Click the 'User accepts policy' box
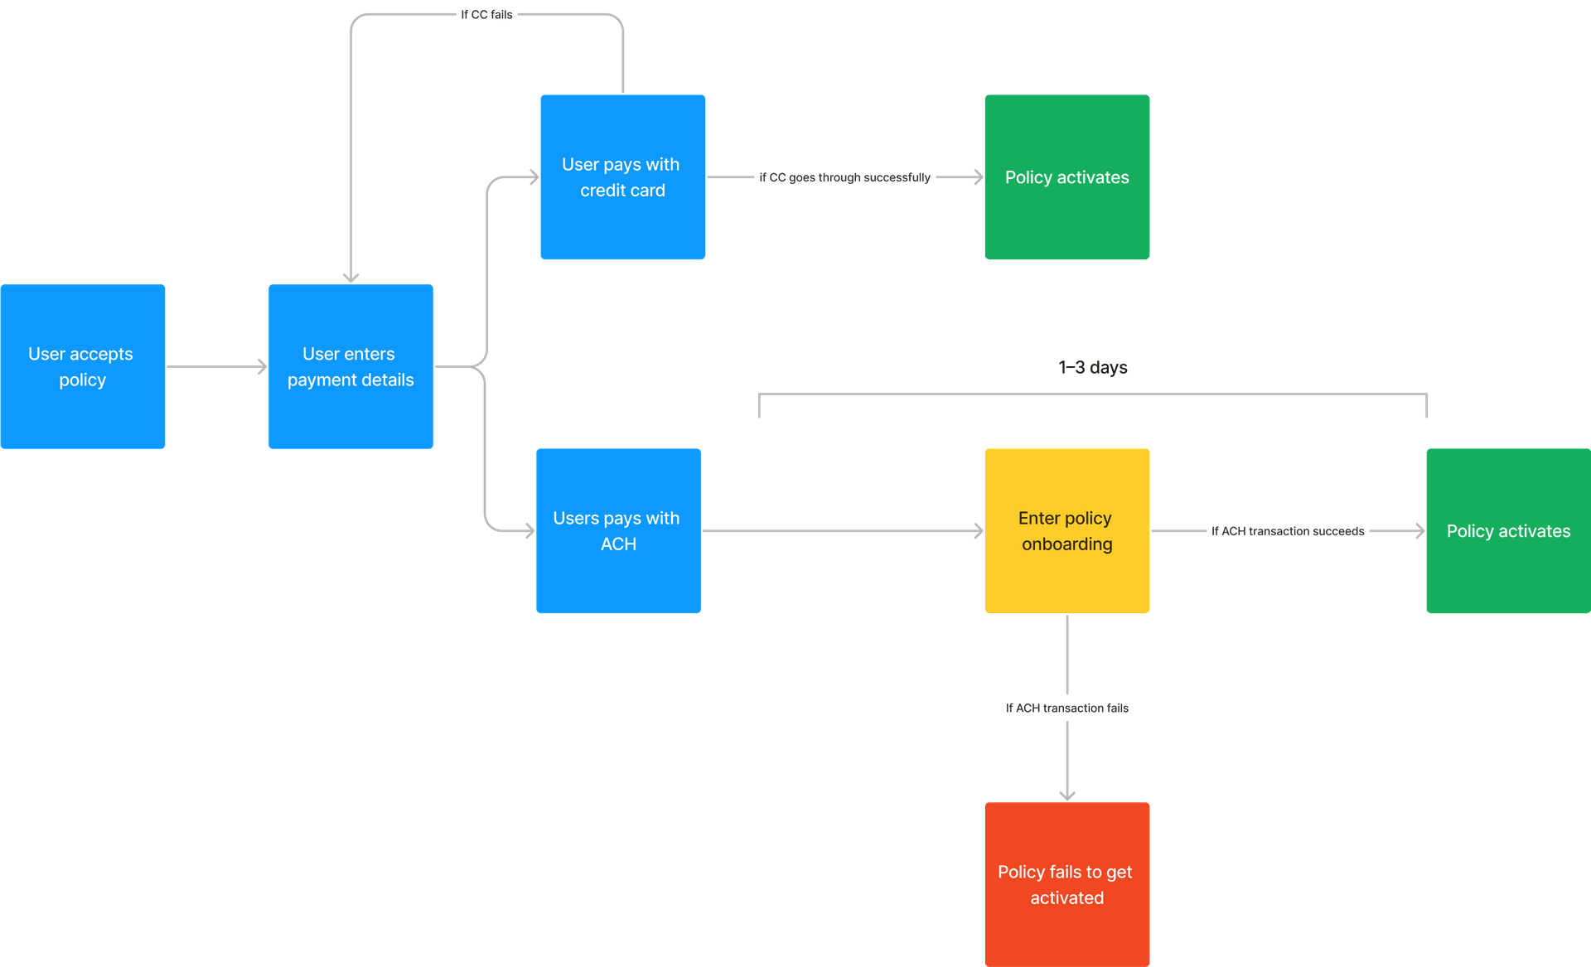[x=83, y=366]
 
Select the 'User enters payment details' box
[x=351, y=366]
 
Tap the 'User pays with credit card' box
[x=622, y=177]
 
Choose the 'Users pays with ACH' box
[x=618, y=531]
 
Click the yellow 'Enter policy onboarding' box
[x=1066, y=531]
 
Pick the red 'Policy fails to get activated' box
[x=1066, y=884]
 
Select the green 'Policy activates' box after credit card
[x=1066, y=177]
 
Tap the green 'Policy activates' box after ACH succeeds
[x=1507, y=531]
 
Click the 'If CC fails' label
[x=486, y=15]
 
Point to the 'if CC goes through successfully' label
[x=844, y=177]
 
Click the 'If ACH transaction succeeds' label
[x=1287, y=531]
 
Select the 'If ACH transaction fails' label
[x=1066, y=708]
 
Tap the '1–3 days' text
[x=1092, y=367]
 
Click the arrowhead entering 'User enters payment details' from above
[x=351, y=278]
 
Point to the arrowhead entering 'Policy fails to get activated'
[x=1067, y=795]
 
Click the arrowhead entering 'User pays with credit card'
[x=532, y=177]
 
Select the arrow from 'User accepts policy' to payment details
[x=216, y=366]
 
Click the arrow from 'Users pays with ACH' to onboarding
[x=841, y=531]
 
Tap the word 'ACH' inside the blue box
[x=618, y=544]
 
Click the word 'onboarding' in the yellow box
[x=1066, y=544]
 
